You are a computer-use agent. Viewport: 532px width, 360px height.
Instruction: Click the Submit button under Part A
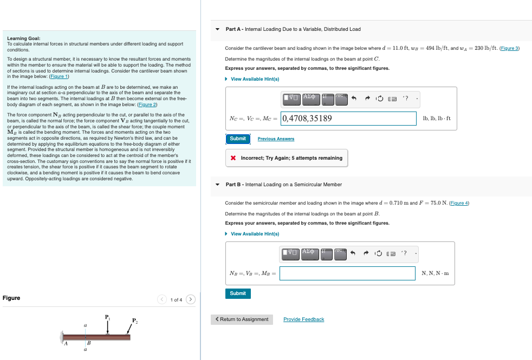[x=237, y=139]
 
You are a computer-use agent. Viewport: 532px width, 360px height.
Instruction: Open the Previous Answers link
[x=276, y=139]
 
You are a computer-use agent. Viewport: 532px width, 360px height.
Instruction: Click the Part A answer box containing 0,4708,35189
[x=347, y=119]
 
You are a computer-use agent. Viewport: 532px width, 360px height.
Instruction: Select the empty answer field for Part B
[x=347, y=273]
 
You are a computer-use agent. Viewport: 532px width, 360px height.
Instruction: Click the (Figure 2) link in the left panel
[x=146, y=104]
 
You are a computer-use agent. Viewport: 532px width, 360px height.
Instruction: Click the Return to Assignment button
[x=242, y=319]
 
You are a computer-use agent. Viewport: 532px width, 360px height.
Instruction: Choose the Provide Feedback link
[x=303, y=319]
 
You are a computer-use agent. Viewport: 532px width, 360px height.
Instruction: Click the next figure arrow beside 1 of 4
[x=190, y=299]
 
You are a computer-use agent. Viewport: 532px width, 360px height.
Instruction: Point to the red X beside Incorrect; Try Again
[x=232, y=158]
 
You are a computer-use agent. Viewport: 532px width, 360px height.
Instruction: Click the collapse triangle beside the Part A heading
[x=218, y=29]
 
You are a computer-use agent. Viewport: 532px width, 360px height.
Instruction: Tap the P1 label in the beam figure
[x=107, y=317]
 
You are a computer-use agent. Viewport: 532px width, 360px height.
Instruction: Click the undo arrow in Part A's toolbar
[x=354, y=99]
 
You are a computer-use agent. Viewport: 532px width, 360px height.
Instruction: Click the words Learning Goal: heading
[x=23, y=38]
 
